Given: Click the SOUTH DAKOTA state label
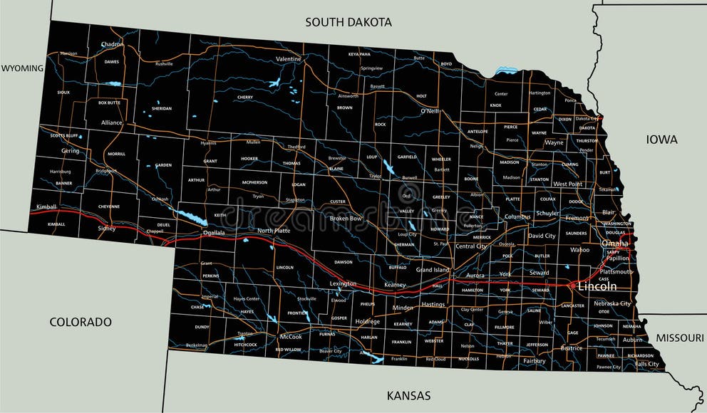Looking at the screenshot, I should pyautogui.click(x=349, y=22).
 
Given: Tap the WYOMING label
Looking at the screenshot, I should pyautogui.click(x=22, y=68).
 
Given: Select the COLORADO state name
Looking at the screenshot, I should pyautogui.click(x=81, y=322).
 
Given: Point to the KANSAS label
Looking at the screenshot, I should pyautogui.click(x=408, y=395).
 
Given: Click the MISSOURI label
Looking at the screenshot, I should pyautogui.click(x=679, y=338).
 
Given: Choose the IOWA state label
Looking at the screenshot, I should pyautogui.click(x=662, y=140).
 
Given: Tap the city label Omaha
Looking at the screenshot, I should pyautogui.click(x=615, y=244).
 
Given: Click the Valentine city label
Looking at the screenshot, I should pyautogui.click(x=289, y=58).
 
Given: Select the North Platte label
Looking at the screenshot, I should pyautogui.click(x=274, y=231).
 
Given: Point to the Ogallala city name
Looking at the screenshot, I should pyautogui.click(x=213, y=233).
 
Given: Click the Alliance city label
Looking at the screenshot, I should pyautogui.click(x=111, y=122).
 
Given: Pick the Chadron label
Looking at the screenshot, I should pyautogui.click(x=112, y=44).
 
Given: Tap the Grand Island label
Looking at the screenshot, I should pyautogui.click(x=433, y=270).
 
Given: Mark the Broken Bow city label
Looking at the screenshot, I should pyautogui.click(x=346, y=218).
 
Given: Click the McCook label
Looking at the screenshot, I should pyautogui.click(x=291, y=336).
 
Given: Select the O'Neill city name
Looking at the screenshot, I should pyautogui.click(x=429, y=111).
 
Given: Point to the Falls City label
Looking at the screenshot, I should pyautogui.click(x=647, y=364).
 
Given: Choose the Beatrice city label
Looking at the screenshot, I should pyautogui.click(x=572, y=348).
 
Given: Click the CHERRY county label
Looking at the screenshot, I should pyautogui.click(x=245, y=97).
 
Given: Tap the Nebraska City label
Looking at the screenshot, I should pyautogui.click(x=612, y=303).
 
